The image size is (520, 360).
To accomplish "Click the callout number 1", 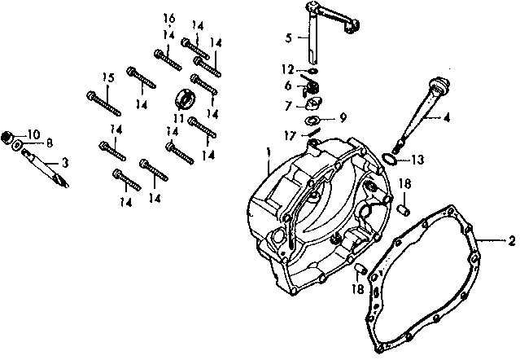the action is (268, 151).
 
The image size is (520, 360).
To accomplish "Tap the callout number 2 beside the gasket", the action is (511, 240).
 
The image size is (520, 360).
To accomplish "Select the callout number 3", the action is (65, 163).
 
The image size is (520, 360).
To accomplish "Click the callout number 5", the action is (288, 38).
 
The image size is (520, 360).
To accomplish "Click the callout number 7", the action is (288, 106).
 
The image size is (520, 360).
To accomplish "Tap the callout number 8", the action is (49, 143).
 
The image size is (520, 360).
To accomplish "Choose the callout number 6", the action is (288, 85).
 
